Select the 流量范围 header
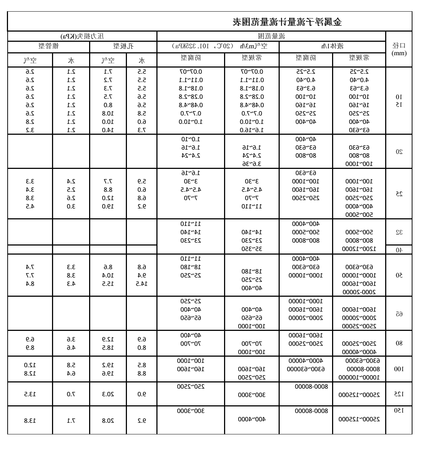(271, 36)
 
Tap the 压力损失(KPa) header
(82, 36)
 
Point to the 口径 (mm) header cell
(399, 49)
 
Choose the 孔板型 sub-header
(123, 46)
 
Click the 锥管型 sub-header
(49, 46)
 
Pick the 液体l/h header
(332, 46)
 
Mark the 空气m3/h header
(218, 46)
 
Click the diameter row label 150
(399, 410)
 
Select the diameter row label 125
(399, 394)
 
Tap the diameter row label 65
(399, 314)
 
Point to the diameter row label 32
(399, 232)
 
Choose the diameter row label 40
(399, 250)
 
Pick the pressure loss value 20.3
(108, 394)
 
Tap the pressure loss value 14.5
(141, 284)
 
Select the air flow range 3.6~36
(252, 164)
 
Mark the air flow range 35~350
(252, 249)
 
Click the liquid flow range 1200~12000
(359, 249)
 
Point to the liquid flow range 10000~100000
(359, 377)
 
